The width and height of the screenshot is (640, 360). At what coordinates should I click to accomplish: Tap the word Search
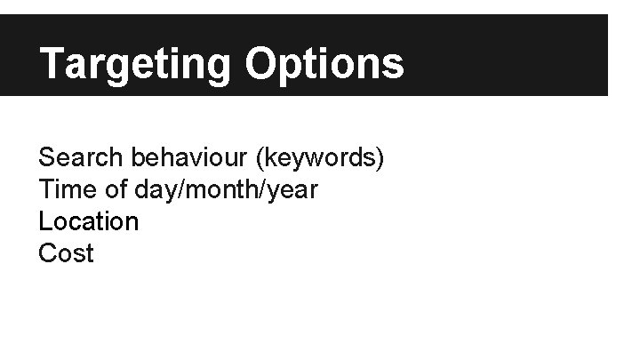tap(81, 158)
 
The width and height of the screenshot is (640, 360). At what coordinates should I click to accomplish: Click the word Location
tap(89, 221)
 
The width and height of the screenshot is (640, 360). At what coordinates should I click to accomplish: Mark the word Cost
tap(66, 253)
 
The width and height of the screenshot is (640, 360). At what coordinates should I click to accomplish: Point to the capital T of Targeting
tap(53, 64)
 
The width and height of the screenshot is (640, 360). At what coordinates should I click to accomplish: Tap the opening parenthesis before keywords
tap(259, 160)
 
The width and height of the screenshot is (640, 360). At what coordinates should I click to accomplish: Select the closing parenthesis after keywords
tap(380, 160)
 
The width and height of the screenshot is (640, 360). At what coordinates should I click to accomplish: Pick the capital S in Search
tap(47, 158)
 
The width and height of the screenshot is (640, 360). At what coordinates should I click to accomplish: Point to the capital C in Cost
tap(48, 253)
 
